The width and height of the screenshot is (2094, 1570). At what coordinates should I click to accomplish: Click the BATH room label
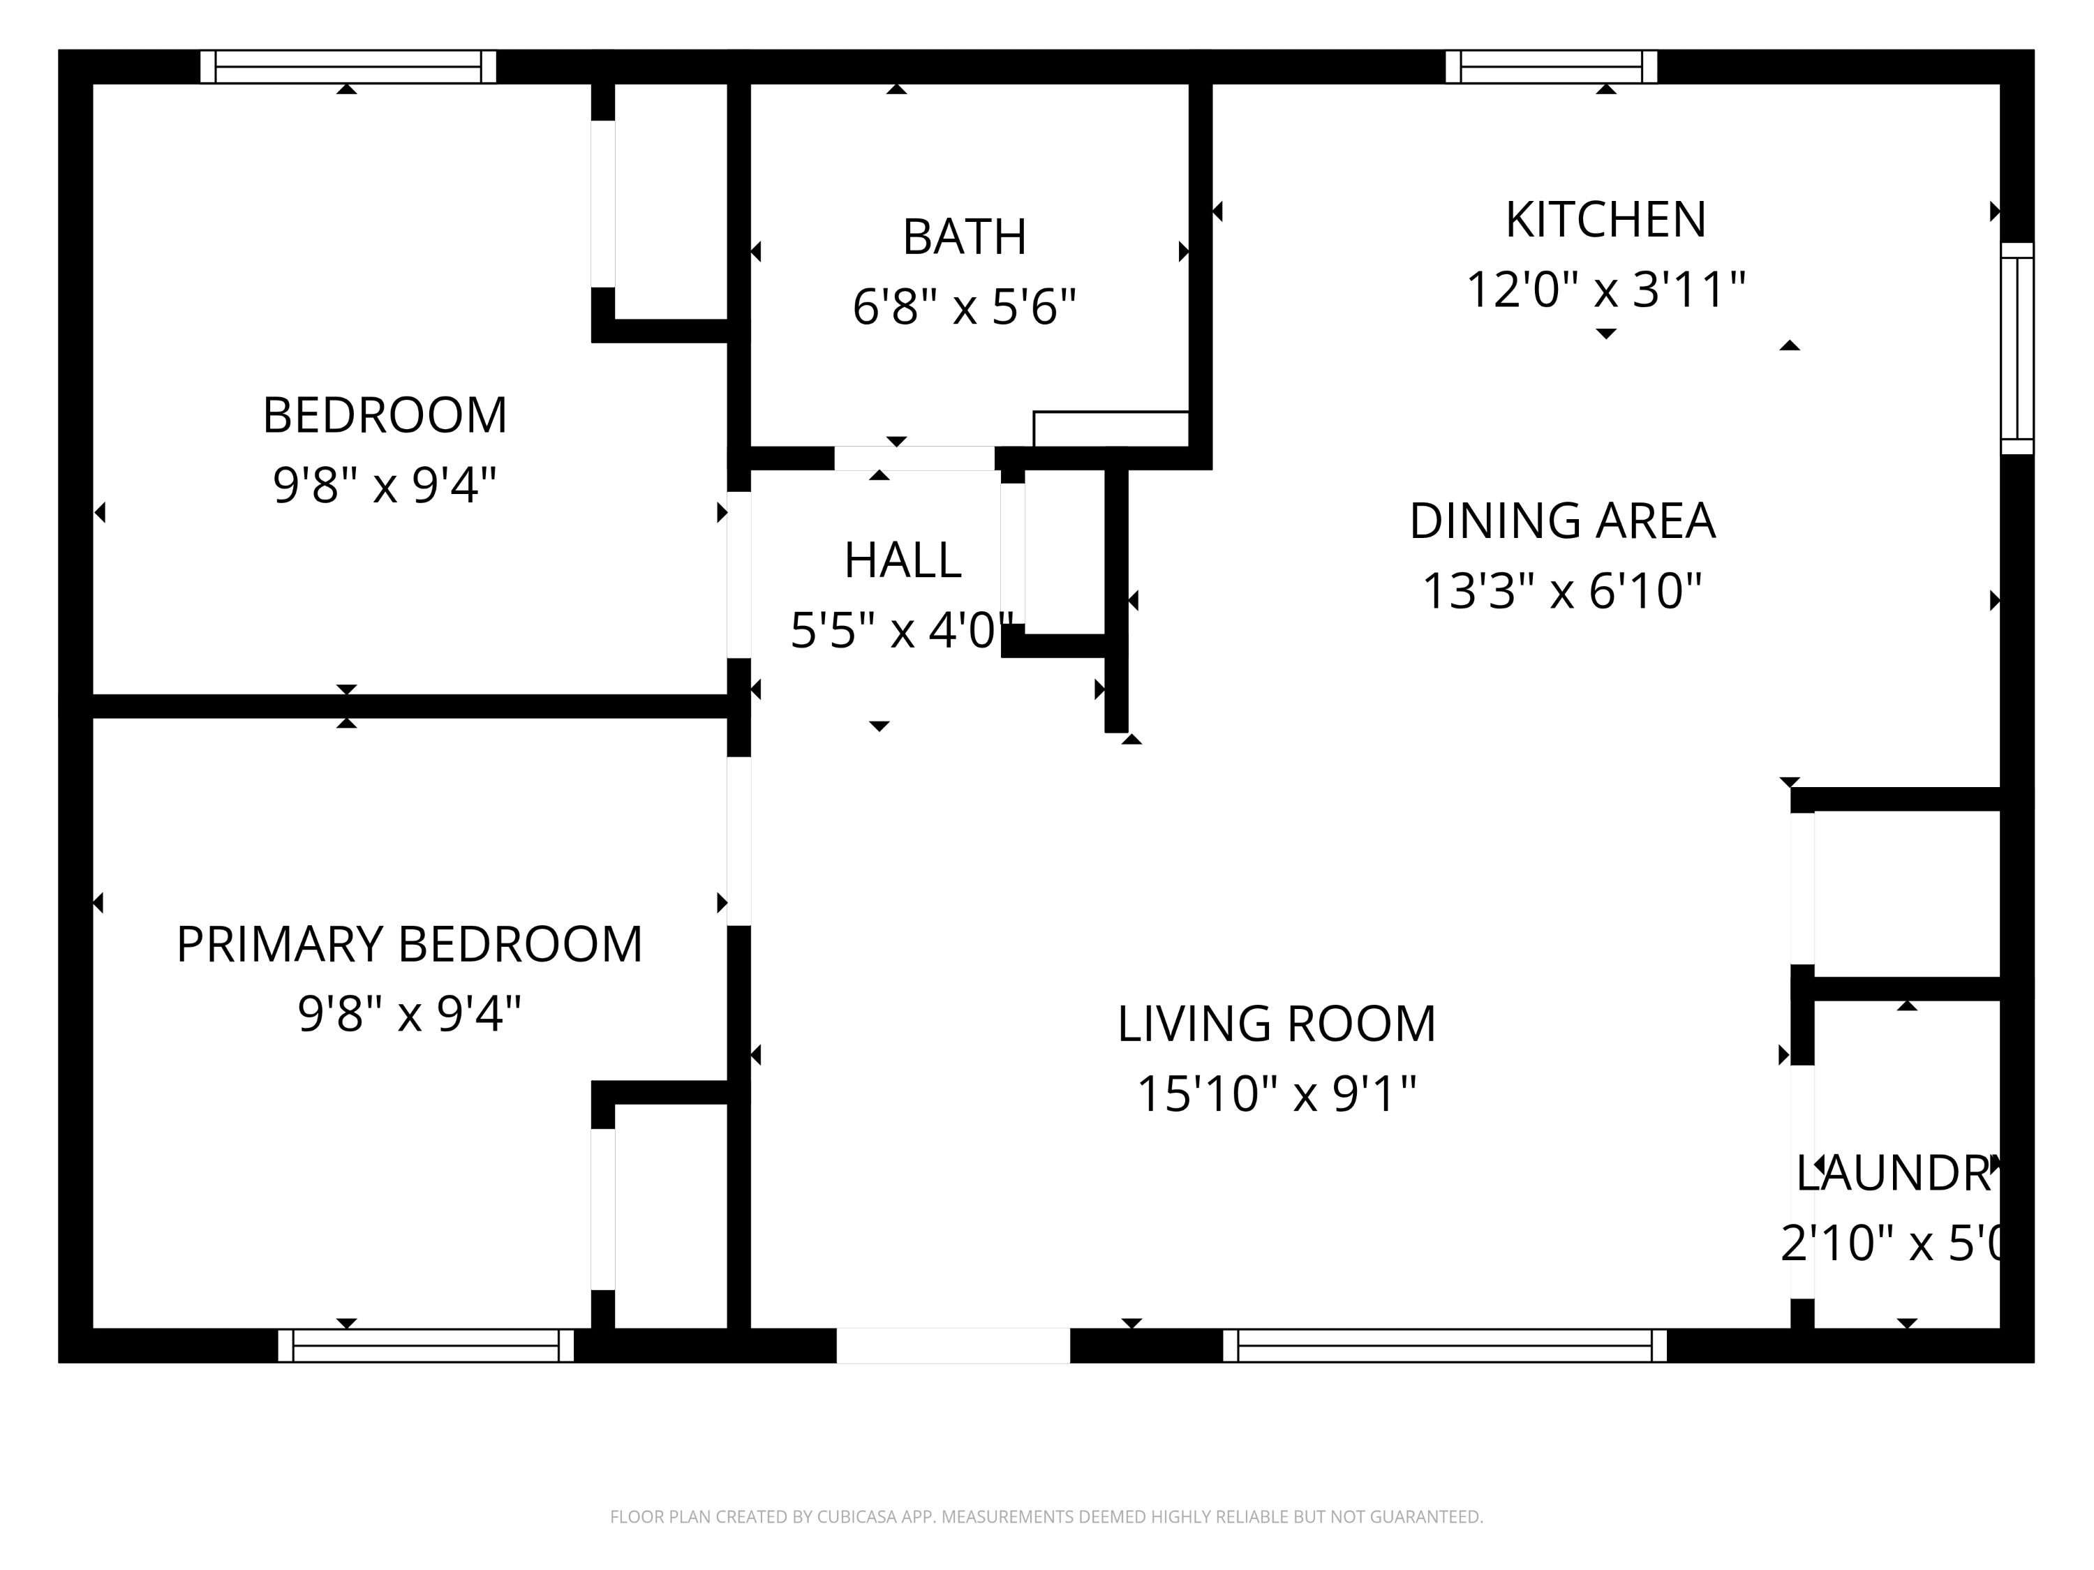pos(964,237)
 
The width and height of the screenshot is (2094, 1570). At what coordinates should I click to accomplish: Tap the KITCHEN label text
pos(1605,220)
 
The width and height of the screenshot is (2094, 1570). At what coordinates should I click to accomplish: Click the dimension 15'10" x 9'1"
pos(1276,1094)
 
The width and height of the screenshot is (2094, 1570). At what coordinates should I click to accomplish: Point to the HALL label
pos(902,560)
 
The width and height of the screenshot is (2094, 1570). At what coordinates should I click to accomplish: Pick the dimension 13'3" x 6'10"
pos(1562,590)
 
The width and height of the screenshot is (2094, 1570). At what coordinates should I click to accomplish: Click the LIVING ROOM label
pos(1276,1024)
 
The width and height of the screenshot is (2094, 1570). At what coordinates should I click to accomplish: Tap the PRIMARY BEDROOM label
pos(409,945)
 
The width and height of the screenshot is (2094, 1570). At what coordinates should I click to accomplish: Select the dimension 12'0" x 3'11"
pos(1605,290)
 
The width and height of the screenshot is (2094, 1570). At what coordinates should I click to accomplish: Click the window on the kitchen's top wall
pos(1551,67)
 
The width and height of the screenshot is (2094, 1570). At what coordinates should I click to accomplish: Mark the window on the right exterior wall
pos(2017,348)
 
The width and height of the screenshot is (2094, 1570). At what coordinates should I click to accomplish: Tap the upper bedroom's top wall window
pos(348,67)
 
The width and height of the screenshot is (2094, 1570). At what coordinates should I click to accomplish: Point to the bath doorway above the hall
pos(914,458)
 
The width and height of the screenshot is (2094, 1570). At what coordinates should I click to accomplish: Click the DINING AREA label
pos(1562,521)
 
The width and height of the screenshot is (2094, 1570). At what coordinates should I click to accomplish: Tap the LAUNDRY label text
pos(1897,1174)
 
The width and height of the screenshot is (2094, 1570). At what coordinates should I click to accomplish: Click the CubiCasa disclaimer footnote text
pos(1046,1517)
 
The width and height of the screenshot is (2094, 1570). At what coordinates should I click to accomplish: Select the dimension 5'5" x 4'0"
pos(902,630)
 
